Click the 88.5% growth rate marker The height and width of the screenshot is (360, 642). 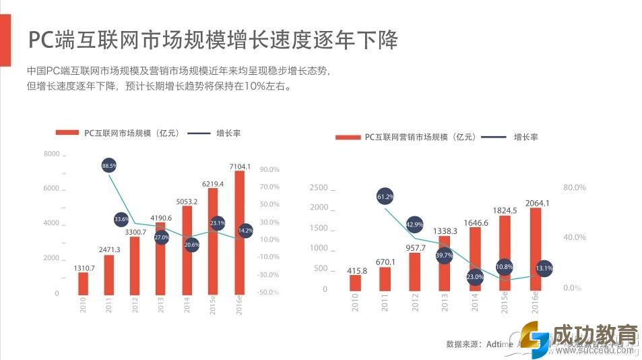(x=109, y=164)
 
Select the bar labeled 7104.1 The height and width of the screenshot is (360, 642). (x=240, y=233)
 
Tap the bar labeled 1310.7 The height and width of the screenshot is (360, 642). (x=84, y=284)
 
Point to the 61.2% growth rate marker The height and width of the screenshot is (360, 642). (x=385, y=197)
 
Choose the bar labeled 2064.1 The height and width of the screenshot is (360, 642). (x=536, y=249)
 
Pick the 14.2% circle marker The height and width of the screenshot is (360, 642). (x=246, y=231)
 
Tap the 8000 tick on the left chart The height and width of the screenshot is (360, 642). (x=52, y=154)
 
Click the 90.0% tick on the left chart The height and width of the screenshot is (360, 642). (x=269, y=169)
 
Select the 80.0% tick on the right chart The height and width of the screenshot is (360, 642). (x=575, y=187)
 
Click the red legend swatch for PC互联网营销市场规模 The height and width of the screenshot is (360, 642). (x=348, y=137)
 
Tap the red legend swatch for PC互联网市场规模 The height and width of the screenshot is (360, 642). (x=67, y=133)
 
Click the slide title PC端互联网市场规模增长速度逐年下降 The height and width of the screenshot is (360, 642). (x=212, y=39)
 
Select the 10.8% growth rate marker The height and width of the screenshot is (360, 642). (x=505, y=267)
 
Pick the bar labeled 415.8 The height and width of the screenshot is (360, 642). (x=355, y=283)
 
